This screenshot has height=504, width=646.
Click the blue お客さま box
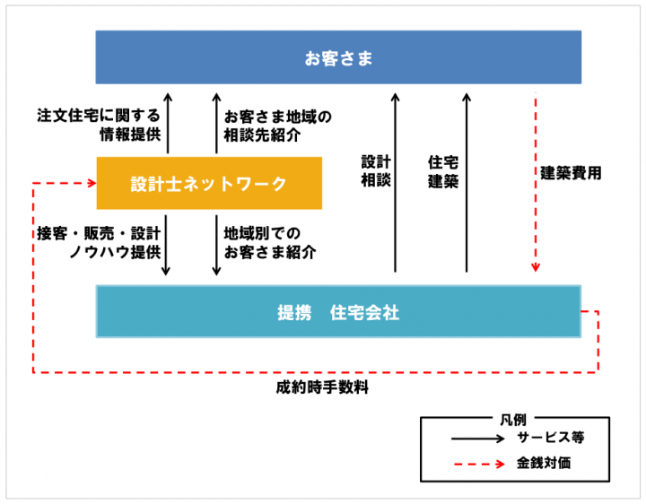338,57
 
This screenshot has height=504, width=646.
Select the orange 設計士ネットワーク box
208,184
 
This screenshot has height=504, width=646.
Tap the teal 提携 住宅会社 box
338,311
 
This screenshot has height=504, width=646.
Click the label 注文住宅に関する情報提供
99,126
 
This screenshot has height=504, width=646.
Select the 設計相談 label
376,170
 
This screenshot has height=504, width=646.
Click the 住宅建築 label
443,170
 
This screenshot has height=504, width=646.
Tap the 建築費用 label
571,173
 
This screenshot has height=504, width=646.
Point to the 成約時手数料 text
322,388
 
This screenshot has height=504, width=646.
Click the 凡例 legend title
513,419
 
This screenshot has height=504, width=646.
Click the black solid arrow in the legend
477,439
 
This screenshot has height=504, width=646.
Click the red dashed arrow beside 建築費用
536,179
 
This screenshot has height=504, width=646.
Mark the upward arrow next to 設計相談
395,179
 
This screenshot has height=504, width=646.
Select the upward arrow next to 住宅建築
467,179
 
